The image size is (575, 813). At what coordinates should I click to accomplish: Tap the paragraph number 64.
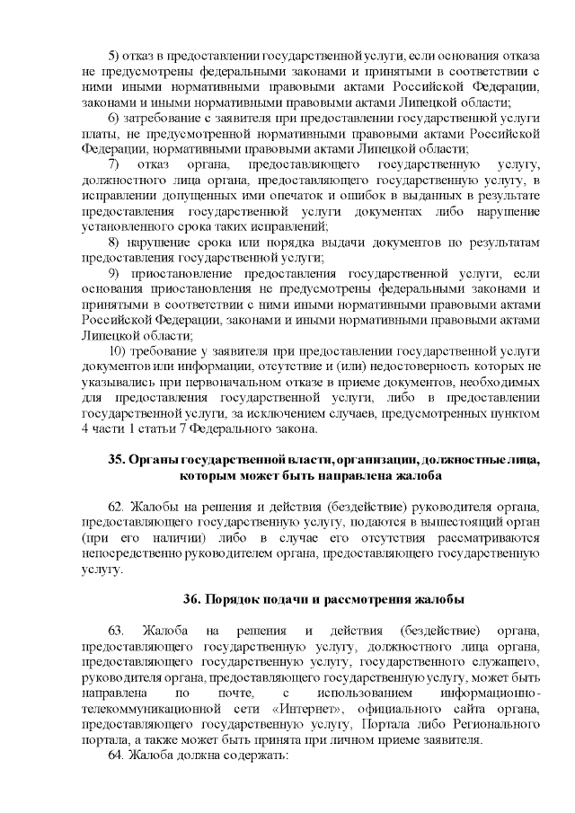click(x=117, y=756)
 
